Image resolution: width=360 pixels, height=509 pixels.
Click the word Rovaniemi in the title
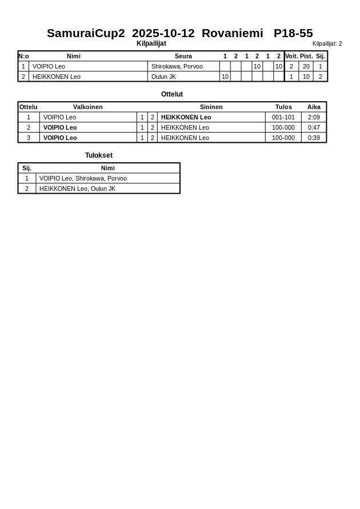tap(232, 33)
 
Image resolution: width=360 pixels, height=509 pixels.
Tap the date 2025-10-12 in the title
tap(163, 33)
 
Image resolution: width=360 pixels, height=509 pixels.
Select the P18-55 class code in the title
tap(293, 33)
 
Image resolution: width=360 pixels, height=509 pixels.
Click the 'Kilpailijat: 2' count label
tap(327, 44)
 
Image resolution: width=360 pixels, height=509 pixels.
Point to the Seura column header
tap(183, 56)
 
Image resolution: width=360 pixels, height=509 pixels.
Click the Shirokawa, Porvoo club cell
tap(177, 66)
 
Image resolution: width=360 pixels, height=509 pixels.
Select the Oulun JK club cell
tap(163, 77)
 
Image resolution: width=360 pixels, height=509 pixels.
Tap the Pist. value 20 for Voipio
tap(306, 66)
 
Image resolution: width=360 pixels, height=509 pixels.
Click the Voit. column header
tap(291, 56)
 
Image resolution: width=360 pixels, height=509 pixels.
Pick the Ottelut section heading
tap(172, 94)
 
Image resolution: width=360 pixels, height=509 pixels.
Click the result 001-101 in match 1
tap(283, 117)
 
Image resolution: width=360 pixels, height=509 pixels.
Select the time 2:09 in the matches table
tap(314, 117)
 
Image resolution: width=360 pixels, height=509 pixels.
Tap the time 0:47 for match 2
tap(314, 127)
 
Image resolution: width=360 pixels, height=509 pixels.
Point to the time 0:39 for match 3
tap(314, 138)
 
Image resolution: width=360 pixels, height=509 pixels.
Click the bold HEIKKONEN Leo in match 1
tap(186, 117)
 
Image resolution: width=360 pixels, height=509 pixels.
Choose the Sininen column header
tap(211, 107)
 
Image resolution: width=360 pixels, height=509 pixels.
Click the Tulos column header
tap(283, 107)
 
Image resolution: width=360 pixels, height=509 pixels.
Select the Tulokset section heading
tap(99, 155)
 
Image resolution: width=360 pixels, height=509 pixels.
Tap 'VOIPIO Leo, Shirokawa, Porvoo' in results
tap(83, 178)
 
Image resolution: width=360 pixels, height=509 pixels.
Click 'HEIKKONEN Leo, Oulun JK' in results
tap(77, 189)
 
